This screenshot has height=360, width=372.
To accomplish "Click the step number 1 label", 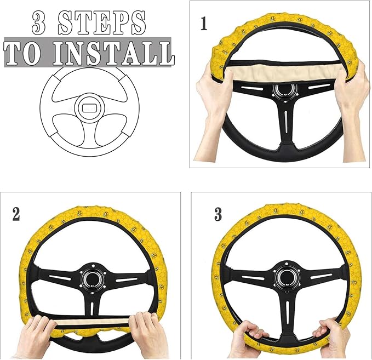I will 204,24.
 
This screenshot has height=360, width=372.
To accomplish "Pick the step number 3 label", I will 218,214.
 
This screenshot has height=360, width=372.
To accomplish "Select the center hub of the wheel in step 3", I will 285,276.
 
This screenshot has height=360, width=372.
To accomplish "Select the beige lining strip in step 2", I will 93,323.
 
